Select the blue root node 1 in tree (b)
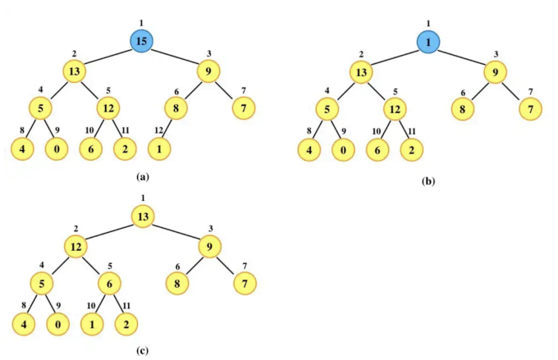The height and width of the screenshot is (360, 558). [428, 42]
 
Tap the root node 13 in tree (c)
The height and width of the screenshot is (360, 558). [143, 217]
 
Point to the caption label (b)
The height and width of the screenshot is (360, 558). [428, 180]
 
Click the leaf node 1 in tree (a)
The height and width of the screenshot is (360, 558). [160, 148]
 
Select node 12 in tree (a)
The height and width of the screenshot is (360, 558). [108, 107]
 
